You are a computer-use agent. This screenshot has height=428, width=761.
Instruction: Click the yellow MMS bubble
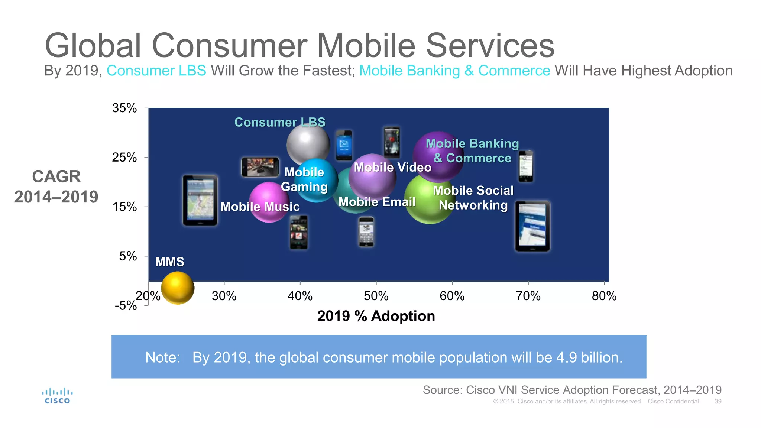(178, 288)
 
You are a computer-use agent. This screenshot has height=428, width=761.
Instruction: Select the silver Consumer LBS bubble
(308, 145)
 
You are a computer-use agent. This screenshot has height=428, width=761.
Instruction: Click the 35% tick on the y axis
(124, 108)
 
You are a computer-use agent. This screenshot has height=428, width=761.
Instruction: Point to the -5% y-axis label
(126, 305)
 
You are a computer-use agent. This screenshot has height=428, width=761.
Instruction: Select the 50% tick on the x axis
(376, 296)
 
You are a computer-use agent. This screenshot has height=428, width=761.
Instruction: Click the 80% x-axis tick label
(604, 296)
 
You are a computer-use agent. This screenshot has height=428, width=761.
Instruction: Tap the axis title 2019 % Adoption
(376, 316)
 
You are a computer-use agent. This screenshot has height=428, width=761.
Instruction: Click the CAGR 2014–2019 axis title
(56, 187)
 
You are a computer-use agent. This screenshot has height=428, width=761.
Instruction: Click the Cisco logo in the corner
(57, 396)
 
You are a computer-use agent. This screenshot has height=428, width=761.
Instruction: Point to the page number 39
(718, 402)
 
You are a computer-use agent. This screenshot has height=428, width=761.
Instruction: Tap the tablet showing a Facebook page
(532, 226)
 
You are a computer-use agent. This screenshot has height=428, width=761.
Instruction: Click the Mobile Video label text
(393, 168)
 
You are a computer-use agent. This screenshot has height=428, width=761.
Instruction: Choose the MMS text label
(169, 262)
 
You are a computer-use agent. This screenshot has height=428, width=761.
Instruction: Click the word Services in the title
(490, 46)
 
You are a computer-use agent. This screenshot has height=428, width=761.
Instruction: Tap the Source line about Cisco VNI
(572, 390)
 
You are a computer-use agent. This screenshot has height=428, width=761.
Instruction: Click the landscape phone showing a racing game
(260, 167)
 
